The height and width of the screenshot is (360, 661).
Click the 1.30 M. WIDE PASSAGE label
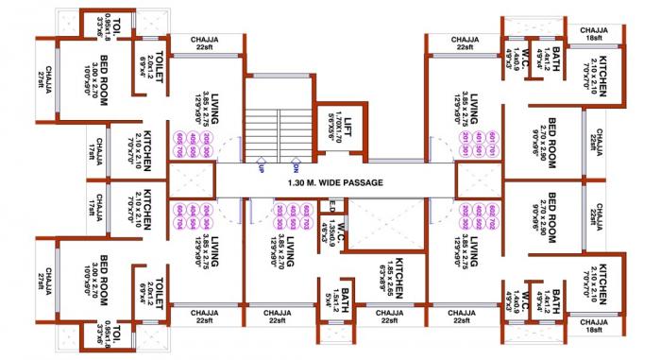point(335,183)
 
